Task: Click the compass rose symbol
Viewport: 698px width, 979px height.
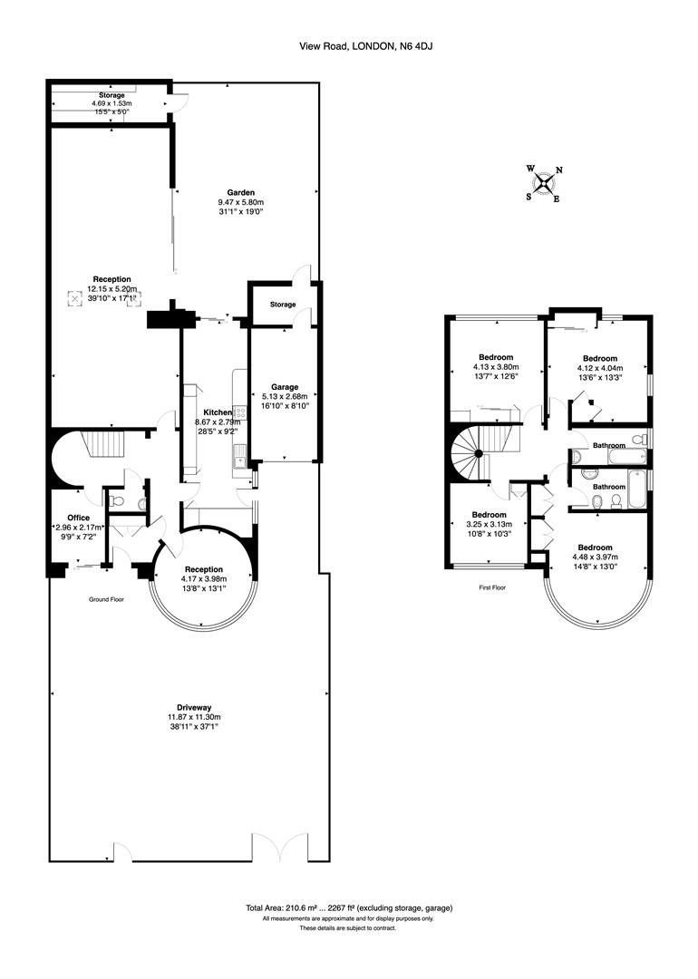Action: click(544, 184)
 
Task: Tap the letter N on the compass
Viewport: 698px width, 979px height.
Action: click(559, 170)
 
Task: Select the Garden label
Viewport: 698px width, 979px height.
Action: click(241, 192)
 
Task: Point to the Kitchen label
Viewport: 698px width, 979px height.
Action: click(217, 412)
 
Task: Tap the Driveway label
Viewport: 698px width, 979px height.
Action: click(195, 706)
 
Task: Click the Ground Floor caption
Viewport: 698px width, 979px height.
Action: click(106, 600)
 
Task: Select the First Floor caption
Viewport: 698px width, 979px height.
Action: click(493, 587)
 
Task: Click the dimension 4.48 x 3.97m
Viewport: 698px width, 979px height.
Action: click(596, 557)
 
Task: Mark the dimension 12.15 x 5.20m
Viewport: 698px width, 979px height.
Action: click(111, 289)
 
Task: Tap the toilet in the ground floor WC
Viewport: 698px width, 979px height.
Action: click(113, 499)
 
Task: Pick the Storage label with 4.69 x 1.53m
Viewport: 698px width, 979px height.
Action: click(111, 95)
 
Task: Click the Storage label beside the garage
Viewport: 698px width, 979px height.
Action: click(282, 305)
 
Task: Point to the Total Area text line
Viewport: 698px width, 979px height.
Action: click(349, 907)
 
